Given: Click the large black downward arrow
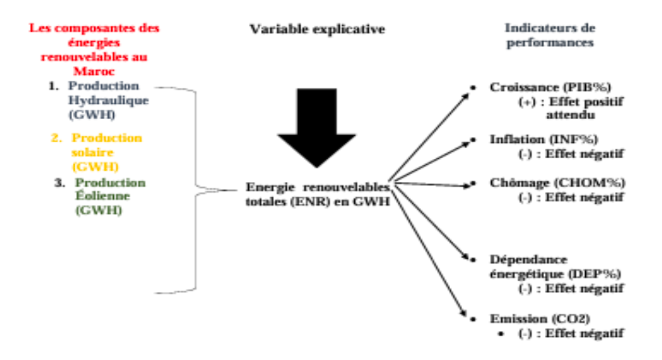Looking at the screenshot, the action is click(316, 126).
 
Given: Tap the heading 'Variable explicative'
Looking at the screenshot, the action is click(317, 29).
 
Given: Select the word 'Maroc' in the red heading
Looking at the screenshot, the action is click(94, 71).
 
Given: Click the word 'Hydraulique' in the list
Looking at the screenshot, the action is click(109, 101).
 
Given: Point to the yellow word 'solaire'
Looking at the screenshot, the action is click(93, 152).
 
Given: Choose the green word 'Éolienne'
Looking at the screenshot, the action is click(103, 196).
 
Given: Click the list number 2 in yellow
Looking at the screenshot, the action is click(56, 138).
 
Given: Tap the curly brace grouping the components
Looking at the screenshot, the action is click(195, 190).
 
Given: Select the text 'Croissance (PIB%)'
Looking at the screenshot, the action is click(550, 87).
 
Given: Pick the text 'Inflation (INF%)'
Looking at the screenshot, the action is click(544, 139).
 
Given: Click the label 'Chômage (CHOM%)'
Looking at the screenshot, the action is click(557, 183).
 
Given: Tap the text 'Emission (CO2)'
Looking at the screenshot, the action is click(540, 319).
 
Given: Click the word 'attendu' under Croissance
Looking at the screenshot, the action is click(571, 114).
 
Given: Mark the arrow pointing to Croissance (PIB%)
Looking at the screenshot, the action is click(429, 137).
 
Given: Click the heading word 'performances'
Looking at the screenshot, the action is click(550, 42).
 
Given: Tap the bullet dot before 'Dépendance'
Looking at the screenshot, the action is click(473, 259).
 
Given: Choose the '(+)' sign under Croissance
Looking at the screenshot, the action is click(528, 102).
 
